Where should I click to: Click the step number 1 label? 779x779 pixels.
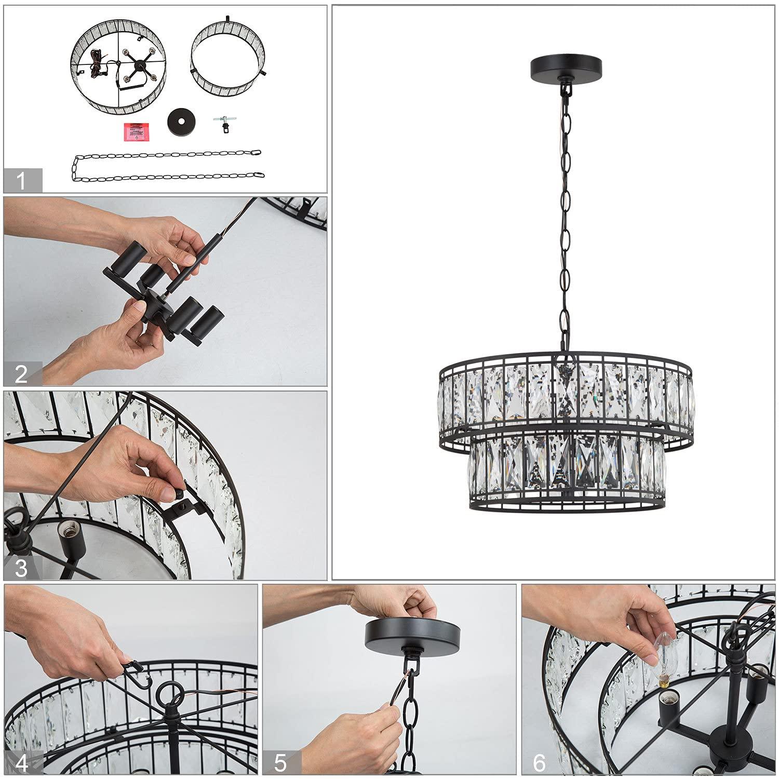(x=21, y=181)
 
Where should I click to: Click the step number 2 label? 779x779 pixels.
(x=21, y=374)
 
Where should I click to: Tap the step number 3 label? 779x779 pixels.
(x=21, y=568)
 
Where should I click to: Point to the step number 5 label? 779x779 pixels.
(x=280, y=763)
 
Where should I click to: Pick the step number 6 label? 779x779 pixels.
(x=540, y=763)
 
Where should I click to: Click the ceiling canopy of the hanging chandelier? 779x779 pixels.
(x=566, y=66)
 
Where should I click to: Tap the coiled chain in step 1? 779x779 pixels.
(x=166, y=166)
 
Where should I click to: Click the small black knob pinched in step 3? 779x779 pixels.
(x=179, y=493)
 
